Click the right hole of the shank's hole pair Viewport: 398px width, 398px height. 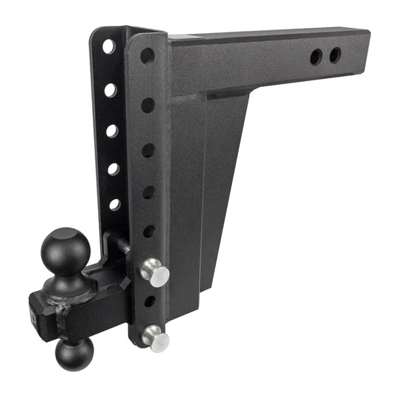click(335, 55)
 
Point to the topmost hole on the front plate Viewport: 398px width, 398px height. click(147, 55)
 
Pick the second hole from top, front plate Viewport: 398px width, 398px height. click(148, 105)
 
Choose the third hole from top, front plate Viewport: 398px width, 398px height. click(148, 150)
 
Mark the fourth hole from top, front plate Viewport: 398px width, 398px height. click(148, 192)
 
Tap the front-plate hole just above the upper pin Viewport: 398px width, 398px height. click(148, 231)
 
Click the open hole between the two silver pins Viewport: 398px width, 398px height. click(150, 301)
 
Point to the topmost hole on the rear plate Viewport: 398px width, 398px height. click(109, 46)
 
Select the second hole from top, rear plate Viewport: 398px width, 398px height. click(111, 90)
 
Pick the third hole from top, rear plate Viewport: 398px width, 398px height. click(112, 130)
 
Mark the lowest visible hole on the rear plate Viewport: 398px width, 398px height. click(114, 204)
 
